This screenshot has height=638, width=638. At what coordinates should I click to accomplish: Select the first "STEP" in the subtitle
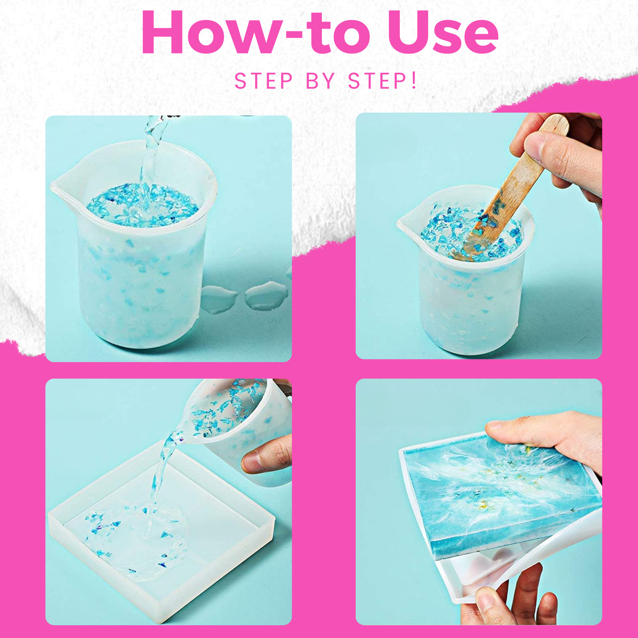tap(264, 81)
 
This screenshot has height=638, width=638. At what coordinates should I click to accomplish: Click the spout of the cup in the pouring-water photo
tap(62, 184)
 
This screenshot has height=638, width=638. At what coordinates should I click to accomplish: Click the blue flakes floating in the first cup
tap(141, 205)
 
